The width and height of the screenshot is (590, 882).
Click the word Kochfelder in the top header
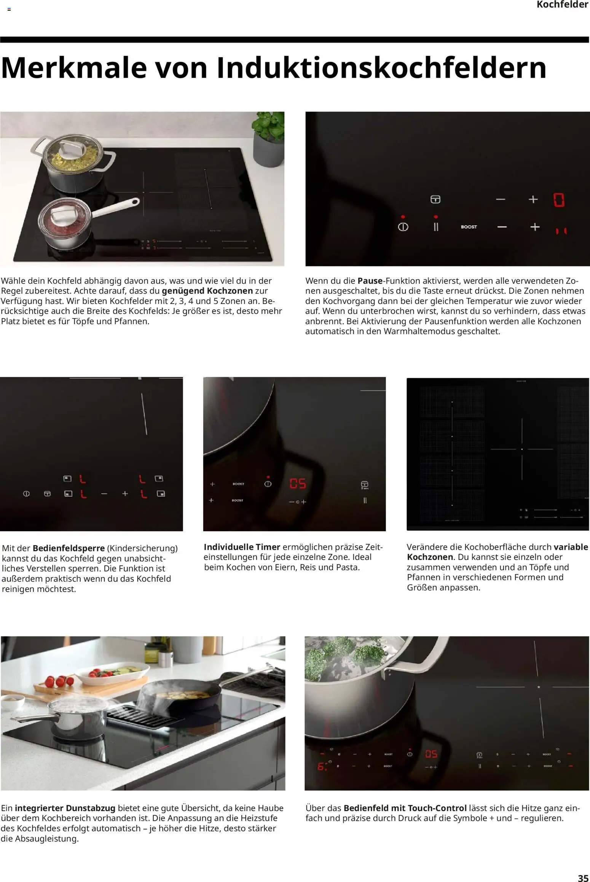562,5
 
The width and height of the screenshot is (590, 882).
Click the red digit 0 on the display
558,200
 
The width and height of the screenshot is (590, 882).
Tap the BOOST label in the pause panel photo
469,227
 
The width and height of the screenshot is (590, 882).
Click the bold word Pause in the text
370,281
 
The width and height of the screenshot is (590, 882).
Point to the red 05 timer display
297,484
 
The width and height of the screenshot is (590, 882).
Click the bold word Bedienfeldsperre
69,548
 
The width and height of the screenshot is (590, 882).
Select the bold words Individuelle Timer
242,547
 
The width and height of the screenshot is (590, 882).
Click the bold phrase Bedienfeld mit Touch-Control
405,808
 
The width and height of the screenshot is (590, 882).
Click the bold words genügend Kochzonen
207,291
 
